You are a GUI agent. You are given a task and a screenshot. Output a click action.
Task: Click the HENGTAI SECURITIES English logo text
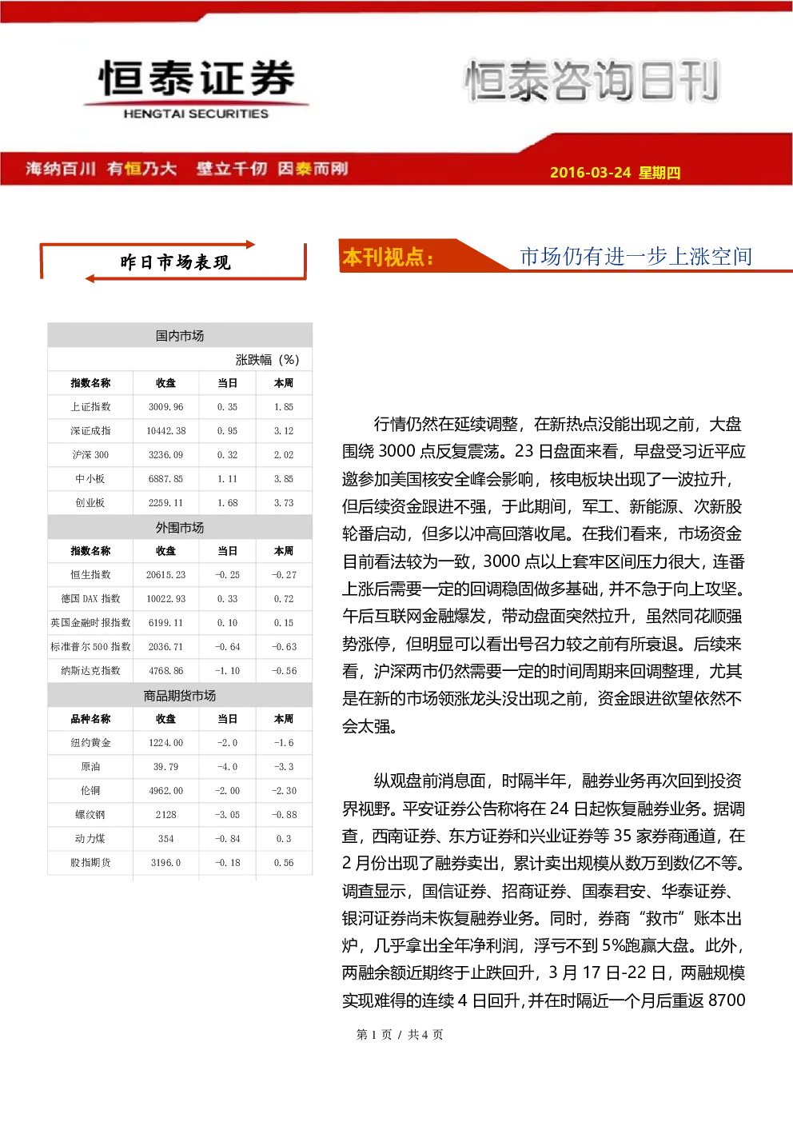[196, 114]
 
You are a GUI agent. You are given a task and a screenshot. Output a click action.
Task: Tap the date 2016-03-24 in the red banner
[590, 172]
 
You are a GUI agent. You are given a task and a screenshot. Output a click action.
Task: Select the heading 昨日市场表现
[175, 262]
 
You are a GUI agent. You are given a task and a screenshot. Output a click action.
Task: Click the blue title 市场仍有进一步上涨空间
[636, 257]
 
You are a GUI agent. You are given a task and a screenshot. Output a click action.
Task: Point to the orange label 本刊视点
[388, 257]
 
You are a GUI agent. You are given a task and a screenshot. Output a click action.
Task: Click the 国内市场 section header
[180, 336]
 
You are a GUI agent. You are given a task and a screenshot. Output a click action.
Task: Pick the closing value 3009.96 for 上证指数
[165, 407]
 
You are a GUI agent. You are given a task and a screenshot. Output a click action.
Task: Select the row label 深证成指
[90, 431]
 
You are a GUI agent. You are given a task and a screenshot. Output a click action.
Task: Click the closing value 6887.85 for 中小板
[165, 479]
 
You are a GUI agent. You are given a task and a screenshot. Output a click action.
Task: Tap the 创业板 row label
[90, 503]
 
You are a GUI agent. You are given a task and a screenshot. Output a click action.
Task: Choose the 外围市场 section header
[180, 528]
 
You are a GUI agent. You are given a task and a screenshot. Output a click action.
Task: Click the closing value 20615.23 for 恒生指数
[165, 574]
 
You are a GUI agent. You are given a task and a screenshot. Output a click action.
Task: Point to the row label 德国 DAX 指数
[90, 598]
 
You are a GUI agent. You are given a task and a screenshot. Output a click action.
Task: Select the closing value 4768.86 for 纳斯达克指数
[165, 671]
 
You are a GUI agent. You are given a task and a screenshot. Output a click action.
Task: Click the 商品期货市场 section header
[180, 695]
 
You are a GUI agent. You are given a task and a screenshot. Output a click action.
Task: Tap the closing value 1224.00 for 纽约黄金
[165, 743]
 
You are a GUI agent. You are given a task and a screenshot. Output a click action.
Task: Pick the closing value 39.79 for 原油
[165, 767]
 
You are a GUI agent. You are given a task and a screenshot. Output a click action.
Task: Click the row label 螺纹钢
[90, 815]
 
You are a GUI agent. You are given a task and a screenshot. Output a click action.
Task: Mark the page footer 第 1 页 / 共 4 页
[400, 1035]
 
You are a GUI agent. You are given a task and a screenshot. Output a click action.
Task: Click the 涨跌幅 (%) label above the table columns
[267, 360]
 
